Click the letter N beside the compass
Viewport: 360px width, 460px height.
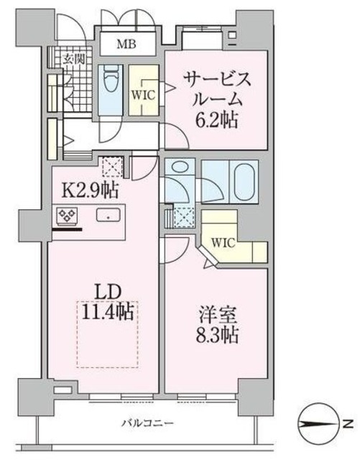(347, 424)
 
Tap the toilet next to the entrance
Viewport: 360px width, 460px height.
(110, 85)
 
